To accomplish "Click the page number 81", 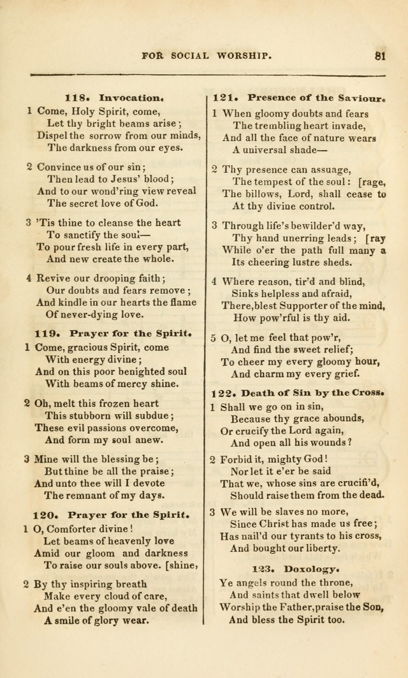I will coord(381,55).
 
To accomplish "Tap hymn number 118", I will coord(76,98).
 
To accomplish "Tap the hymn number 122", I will coord(224,391).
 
